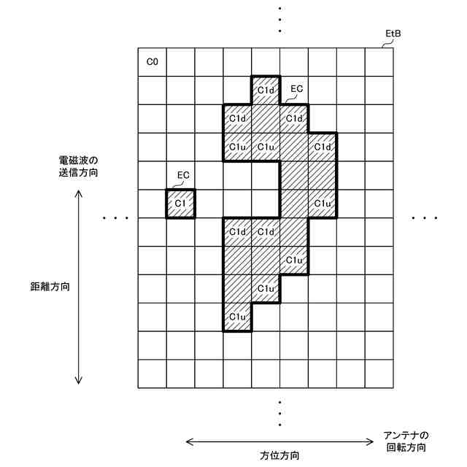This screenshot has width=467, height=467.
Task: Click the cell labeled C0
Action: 153,62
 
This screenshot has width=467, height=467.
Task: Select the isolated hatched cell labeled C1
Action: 180,204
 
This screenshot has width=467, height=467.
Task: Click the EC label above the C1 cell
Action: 184,176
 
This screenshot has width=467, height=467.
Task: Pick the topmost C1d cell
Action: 266,90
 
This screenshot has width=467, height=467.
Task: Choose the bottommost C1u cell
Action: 237,317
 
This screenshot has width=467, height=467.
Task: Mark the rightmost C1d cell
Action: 323,147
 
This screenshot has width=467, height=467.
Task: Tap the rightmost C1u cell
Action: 323,203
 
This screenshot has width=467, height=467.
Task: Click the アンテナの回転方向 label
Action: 405,441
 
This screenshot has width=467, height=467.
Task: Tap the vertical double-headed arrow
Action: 79,286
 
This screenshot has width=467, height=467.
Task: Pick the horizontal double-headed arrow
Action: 279,441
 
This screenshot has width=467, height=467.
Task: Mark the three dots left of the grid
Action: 116,217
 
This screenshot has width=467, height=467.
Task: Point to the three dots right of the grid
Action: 425,217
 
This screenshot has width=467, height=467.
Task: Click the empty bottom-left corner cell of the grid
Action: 153,374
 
